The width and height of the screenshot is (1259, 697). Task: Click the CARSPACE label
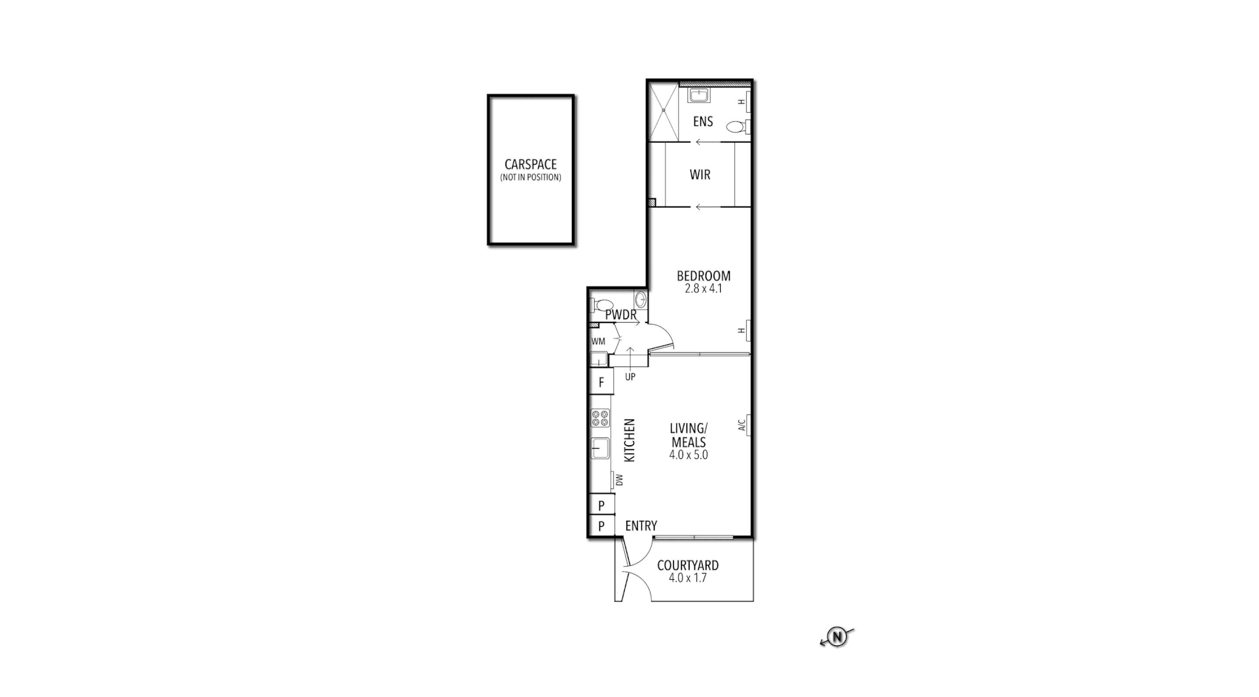point(530,165)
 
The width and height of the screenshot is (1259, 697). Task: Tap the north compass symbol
point(837,636)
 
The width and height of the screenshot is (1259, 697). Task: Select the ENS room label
point(702,121)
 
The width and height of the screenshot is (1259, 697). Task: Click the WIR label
point(700,175)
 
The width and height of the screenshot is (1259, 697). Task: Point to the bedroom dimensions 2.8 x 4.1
point(703,289)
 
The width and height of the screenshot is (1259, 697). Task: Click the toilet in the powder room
point(603,305)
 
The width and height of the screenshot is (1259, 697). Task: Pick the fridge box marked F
point(601,382)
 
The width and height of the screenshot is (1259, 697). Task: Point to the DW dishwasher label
point(619,481)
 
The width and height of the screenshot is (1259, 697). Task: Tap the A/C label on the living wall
point(742,426)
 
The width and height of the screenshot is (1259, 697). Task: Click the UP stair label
point(629,377)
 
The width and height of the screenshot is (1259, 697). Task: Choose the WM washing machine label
point(598,342)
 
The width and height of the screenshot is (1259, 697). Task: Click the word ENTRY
point(641,526)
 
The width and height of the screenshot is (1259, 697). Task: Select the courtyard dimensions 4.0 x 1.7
point(687,578)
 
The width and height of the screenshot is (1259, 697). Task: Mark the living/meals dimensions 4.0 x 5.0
point(689,454)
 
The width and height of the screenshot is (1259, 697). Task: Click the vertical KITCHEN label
point(629,440)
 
